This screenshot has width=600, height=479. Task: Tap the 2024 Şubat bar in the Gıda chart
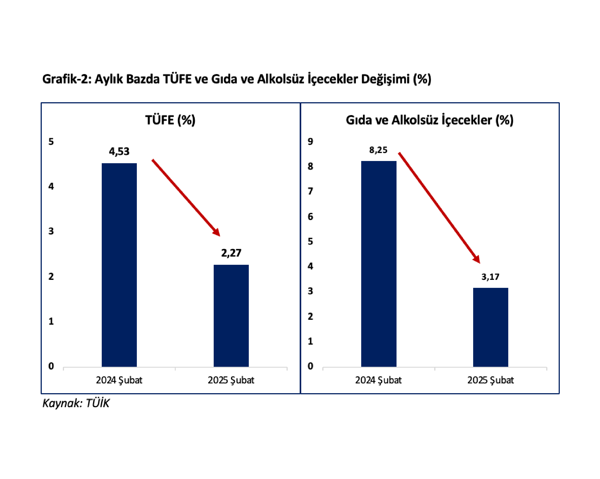click(379, 264)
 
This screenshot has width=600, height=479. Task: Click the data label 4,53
click(119, 152)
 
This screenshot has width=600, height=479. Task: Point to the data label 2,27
click(231, 253)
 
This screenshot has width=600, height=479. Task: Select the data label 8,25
click(378, 150)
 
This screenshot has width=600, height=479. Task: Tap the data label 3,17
click(490, 277)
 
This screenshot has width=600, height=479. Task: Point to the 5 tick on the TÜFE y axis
click(51, 142)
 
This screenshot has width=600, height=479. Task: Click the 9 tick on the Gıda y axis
click(310, 142)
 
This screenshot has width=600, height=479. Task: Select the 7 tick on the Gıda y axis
click(310, 191)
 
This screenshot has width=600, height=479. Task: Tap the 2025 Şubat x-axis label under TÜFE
click(231, 380)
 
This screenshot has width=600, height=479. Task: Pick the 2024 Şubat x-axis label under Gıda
click(378, 380)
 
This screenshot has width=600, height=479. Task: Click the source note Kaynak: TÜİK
click(76, 403)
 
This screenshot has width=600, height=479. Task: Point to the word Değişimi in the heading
click(385, 79)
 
